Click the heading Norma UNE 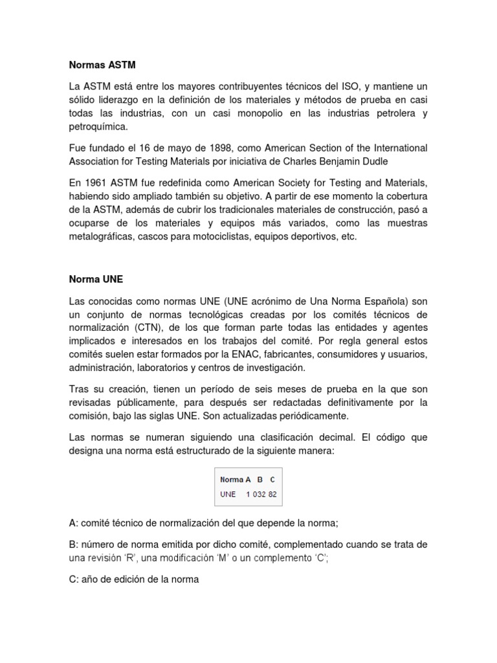(96, 279)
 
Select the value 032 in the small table (260, 494)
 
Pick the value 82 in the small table (273, 494)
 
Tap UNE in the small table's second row (228, 494)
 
